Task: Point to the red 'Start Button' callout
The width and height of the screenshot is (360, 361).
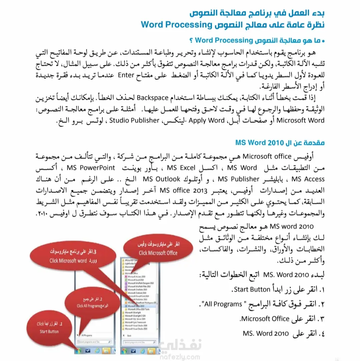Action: pyautogui.click(x=49, y=328)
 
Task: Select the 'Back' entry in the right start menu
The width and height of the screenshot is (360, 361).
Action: pyautogui.click(x=130, y=335)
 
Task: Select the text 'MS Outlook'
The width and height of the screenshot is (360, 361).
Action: pyautogui.click(x=161, y=179)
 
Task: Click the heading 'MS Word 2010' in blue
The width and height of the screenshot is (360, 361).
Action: pyautogui.click(x=255, y=143)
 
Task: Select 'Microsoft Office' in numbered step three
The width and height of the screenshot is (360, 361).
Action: pyautogui.click(x=265, y=319)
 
